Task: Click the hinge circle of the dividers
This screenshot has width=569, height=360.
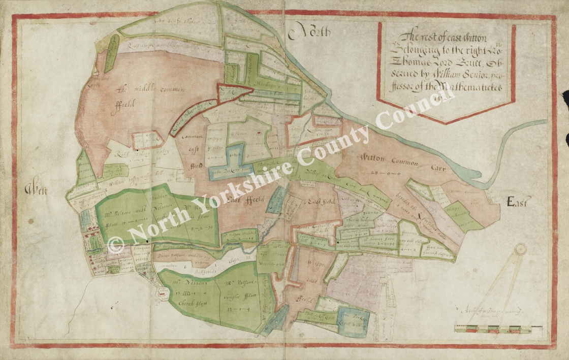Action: pos(521,249)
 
